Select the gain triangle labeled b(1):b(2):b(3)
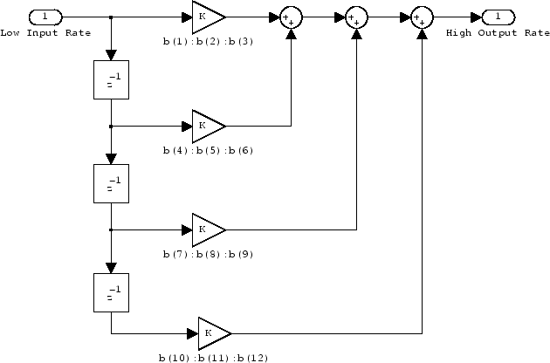(207, 17)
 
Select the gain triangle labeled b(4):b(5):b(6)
(207, 126)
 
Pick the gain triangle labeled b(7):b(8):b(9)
(207, 229)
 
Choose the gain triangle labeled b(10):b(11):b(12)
(212, 333)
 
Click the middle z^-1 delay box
(111, 184)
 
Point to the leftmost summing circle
(291, 17)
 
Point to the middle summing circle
(356, 17)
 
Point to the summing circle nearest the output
(423, 17)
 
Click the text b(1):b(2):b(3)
(207, 42)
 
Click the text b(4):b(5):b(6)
(207, 150)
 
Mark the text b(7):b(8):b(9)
(207, 254)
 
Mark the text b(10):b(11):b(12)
(212, 358)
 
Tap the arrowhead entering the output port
(474, 17)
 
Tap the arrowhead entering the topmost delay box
(111, 57)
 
